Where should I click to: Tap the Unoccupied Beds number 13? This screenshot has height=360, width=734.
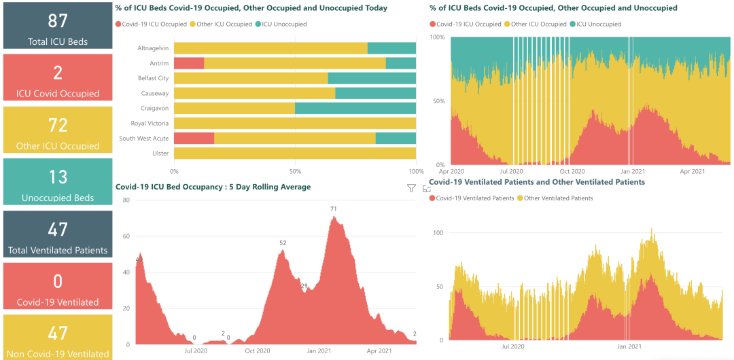coord(57,177)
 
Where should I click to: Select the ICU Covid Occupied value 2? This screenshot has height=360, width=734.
coord(57,72)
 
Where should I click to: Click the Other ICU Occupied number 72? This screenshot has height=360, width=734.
coord(57,125)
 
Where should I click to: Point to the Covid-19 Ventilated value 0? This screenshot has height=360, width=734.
coord(57,281)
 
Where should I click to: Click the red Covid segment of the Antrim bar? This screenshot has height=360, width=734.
coord(189,63)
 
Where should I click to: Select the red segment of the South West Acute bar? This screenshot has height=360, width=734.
coord(194,139)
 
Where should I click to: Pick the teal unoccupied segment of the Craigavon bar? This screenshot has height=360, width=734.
coord(355,108)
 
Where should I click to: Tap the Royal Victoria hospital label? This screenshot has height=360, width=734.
coord(150,124)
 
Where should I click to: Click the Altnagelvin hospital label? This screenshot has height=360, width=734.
coord(153,48)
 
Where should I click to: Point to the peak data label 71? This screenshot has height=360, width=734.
coord(334,209)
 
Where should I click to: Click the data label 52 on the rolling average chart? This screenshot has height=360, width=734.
coord(283,243)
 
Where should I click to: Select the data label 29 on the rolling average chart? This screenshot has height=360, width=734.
coord(304,285)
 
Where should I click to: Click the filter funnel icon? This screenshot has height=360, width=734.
coord(411,188)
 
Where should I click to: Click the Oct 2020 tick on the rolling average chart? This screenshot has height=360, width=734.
coord(258,350)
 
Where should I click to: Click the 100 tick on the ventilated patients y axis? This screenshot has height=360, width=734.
coord(438,233)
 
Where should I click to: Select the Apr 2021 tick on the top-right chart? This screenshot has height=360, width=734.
coord(693,172)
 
